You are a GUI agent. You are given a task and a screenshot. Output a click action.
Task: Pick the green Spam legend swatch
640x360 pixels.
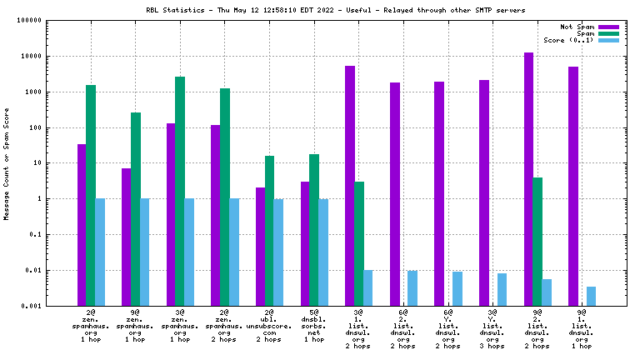pos(609,33)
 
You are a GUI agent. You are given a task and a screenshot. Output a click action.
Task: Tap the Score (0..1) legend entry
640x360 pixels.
pos(568,40)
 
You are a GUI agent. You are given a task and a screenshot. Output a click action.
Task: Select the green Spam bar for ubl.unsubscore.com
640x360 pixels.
pos(269,230)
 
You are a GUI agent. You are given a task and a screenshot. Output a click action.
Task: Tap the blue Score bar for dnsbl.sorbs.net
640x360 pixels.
pos(323,252)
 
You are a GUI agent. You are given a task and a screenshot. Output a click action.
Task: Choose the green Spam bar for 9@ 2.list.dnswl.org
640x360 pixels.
pos(537,241)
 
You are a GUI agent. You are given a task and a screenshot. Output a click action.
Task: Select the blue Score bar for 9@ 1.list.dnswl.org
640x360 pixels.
pos(591,296)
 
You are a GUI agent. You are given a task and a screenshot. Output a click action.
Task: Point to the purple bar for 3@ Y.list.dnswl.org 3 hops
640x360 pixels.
pos(484,192)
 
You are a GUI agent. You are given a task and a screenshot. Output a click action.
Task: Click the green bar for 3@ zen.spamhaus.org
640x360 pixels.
pos(180,191)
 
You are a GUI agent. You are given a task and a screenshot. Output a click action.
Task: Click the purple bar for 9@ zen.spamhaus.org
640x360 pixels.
pos(127,237)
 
